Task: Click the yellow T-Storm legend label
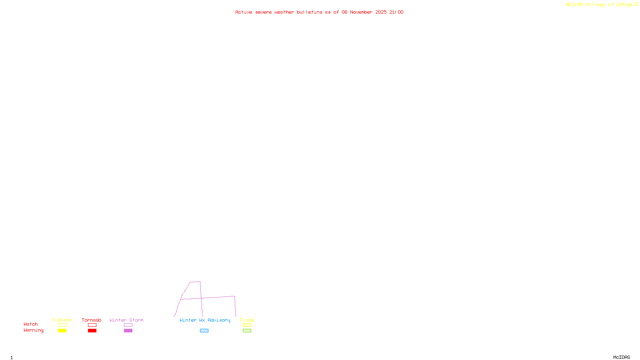62,320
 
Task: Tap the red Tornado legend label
92,320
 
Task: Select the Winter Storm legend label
126,320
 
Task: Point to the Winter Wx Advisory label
205,320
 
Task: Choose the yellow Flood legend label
247,320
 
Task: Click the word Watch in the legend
31,324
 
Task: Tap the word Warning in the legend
33,330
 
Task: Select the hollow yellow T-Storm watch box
62,325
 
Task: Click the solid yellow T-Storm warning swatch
62,331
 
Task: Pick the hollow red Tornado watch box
92,325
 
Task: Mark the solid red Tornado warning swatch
92,331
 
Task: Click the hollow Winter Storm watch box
128,325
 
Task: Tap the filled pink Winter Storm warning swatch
128,331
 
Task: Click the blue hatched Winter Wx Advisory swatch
204,331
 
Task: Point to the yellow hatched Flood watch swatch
247,325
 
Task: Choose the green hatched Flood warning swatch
247,331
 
